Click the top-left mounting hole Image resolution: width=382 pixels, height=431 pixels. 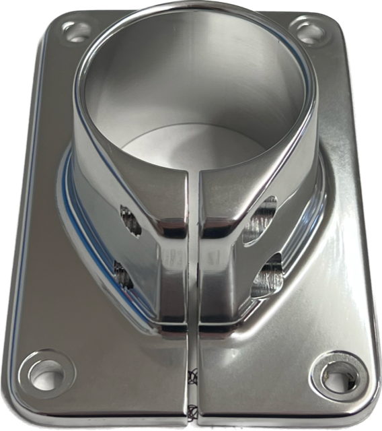(x=77, y=30)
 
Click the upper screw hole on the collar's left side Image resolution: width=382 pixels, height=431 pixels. (x=130, y=220)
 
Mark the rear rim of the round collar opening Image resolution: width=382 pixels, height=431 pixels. (x=195, y=8)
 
